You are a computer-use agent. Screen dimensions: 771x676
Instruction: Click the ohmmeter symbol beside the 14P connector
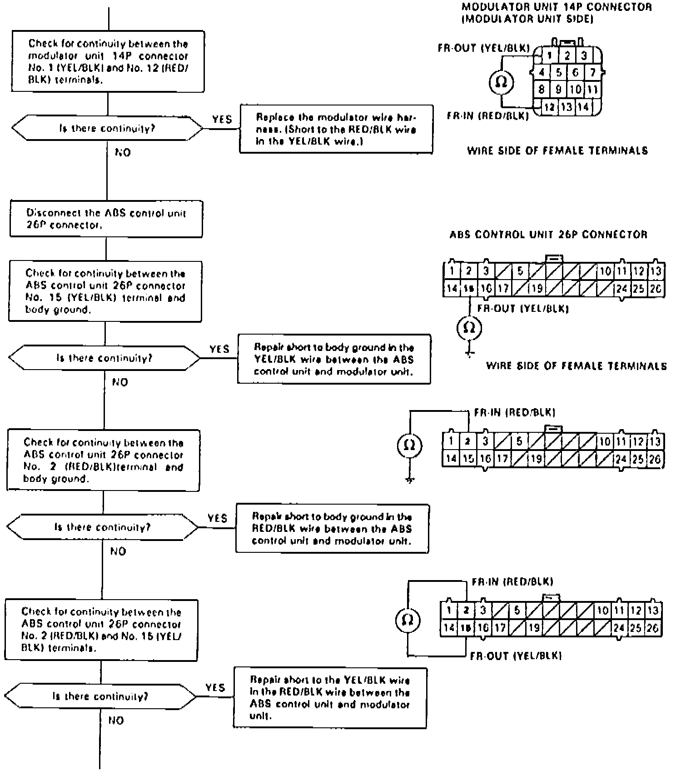point(502,82)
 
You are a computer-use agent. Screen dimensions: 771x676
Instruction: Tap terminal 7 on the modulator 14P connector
point(592,72)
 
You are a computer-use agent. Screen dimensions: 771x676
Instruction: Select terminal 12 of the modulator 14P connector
point(549,107)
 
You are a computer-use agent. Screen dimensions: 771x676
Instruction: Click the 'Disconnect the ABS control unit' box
point(106,219)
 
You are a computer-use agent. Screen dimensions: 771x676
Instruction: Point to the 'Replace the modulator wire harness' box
point(336,129)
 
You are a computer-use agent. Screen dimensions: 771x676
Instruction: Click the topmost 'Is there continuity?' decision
point(107,129)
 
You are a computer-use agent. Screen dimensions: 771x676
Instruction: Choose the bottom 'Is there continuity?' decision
point(100,696)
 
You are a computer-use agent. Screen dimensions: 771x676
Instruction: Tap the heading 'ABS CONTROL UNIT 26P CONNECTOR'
point(548,235)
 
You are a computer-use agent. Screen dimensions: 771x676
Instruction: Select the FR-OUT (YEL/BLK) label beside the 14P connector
point(484,48)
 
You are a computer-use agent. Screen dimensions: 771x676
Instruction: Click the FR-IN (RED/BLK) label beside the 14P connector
point(488,116)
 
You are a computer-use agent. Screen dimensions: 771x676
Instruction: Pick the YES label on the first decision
point(222,120)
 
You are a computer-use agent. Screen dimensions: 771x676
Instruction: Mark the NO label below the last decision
point(116,721)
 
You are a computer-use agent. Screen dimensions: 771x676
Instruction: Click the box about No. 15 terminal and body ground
point(105,291)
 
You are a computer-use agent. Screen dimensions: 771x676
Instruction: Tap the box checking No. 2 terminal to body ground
point(103,460)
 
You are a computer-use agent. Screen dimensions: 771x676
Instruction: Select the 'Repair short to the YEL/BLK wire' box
point(330,697)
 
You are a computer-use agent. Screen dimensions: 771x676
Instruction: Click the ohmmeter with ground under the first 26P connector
point(469,328)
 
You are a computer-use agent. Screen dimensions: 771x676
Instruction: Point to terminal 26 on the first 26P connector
point(656,288)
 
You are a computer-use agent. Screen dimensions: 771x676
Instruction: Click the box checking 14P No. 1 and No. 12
point(108,61)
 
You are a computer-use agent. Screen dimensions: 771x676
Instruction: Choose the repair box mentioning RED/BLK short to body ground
point(332,528)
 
